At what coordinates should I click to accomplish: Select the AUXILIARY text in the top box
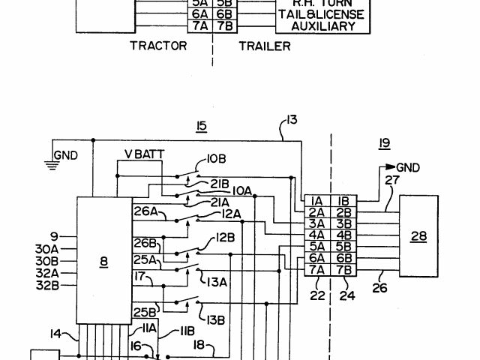pos(316,26)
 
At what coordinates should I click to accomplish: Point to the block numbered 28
pos(418,236)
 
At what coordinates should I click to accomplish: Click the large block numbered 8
pos(103,262)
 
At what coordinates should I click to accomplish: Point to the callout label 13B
pos(216,319)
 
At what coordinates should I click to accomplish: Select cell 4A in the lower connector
pos(317,235)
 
